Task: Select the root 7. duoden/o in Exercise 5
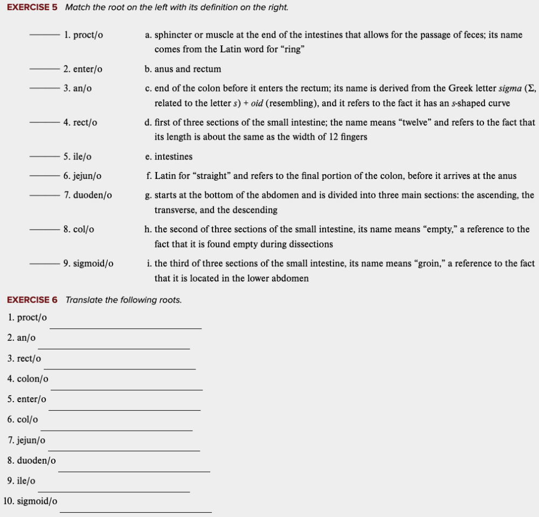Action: pos(87,195)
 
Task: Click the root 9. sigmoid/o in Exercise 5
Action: pos(88,264)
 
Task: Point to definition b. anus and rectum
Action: pos(183,69)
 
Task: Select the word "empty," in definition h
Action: pos(442,229)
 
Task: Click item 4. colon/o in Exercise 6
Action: pos(28,379)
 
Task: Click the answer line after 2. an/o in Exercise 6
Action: pos(114,348)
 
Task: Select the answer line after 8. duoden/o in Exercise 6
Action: pos(134,471)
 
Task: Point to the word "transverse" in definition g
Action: pos(175,210)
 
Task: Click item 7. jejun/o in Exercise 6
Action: pos(26,440)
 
